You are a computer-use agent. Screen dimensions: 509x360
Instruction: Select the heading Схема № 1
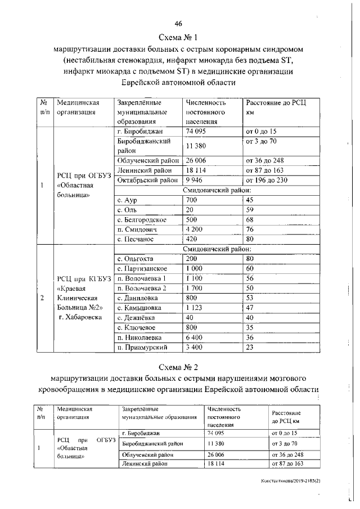179,38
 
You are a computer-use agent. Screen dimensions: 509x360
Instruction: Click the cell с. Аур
127,200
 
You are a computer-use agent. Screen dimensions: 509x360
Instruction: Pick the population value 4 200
196,229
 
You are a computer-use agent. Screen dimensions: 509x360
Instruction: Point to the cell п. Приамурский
141,348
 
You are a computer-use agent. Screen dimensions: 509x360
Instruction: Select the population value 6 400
196,337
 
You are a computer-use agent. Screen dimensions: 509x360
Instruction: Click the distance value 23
250,348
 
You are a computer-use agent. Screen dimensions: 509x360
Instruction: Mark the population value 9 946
196,180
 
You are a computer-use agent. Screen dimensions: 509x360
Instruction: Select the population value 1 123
196,308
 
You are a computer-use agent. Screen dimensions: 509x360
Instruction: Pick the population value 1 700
196,288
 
